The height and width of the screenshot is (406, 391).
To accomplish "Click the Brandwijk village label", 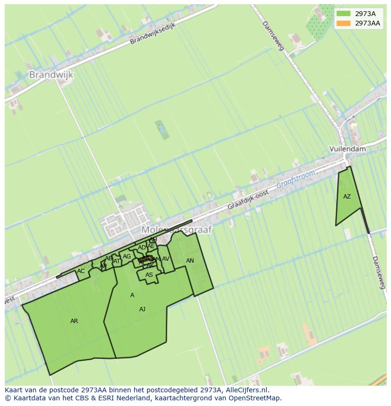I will point(51,75).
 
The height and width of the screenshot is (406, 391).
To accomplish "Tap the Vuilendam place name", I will point(348,149).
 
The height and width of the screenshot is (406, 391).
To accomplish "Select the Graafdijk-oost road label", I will point(248,200).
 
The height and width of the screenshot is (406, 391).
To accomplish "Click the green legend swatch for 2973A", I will point(343,14).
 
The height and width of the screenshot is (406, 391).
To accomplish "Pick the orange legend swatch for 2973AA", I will point(343,23).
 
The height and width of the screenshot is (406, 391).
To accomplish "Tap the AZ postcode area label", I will point(347,197).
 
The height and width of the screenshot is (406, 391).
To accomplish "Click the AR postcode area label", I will point(74,321).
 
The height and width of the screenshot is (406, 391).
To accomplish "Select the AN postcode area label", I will point(190,261).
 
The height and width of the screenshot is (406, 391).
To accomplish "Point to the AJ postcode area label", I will point(142,309).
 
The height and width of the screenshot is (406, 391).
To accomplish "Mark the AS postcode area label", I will point(149,275).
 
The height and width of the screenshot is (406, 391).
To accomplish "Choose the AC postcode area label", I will point(81,271).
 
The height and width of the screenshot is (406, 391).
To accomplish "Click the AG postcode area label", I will point(127,257).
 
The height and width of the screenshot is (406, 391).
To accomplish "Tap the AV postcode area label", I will point(165,259).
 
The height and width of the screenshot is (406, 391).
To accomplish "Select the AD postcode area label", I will point(142,248).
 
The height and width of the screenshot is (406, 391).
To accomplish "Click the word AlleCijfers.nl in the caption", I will point(246,390).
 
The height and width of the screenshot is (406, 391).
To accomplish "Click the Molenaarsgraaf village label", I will point(177,230).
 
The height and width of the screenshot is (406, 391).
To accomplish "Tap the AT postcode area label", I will point(117,261).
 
